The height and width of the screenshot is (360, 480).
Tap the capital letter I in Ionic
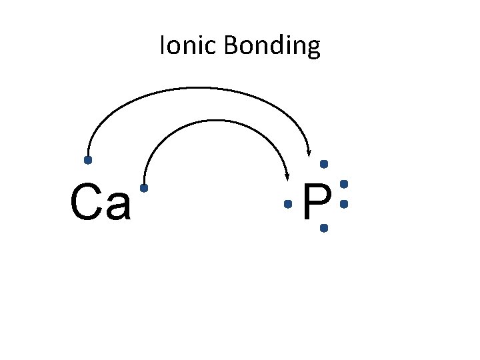[162, 46]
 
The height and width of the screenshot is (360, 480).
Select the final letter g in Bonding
[313, 49]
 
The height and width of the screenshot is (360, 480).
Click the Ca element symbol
[100, 204]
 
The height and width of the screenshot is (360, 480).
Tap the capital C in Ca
[85, 203]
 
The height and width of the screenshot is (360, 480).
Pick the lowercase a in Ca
[119, 207]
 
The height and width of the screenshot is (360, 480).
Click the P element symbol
[317, 203]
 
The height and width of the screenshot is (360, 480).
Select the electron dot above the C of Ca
[87, 161]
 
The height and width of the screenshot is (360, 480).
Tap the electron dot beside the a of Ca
[143, 189]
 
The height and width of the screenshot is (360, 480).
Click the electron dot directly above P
[324, 163]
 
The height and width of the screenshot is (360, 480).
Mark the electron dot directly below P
[324, 228]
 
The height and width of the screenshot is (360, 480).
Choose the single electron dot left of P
[288, 204]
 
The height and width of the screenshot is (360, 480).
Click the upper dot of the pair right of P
[344, 183]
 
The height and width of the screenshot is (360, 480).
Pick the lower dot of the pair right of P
[344, 204]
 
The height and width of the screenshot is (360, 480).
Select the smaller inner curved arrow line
[213, 121]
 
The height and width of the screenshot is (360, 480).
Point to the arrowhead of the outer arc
[309, 153]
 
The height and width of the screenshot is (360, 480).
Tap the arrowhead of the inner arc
[287, 176]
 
